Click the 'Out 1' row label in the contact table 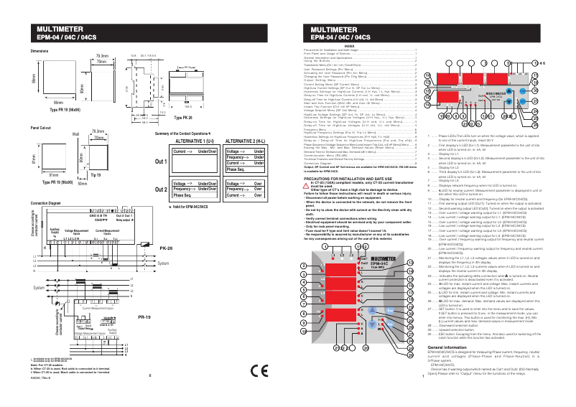161,162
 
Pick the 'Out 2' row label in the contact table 161,189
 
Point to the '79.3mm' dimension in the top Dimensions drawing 101,55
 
